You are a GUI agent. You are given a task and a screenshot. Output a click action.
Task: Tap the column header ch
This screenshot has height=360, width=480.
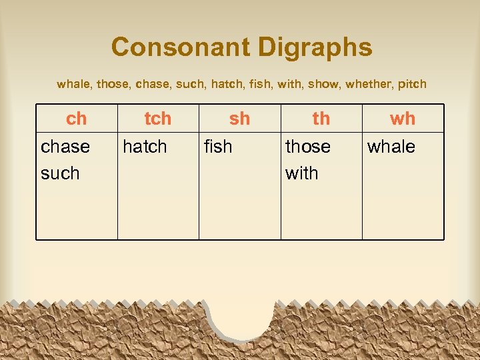tap(77, 119)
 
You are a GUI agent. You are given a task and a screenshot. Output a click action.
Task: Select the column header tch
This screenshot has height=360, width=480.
tap(158, 119)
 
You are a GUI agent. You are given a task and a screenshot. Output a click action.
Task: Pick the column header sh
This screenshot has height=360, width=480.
tap(239, 119)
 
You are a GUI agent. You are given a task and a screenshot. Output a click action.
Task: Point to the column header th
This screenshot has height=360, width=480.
tap(321, 119)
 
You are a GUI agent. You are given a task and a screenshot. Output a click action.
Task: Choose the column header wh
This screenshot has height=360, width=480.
tap(403, 119)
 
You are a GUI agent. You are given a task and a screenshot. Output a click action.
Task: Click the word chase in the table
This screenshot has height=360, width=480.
tap(65, 147)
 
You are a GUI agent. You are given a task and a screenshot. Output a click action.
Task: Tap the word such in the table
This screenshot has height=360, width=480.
tap(60, 173)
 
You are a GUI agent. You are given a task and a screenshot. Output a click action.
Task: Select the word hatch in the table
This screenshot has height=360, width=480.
tap(145, 147)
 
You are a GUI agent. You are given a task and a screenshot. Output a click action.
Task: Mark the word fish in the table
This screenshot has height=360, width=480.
tap(218, 147)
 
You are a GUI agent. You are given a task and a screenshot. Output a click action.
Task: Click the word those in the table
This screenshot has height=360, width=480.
tap(308, 147)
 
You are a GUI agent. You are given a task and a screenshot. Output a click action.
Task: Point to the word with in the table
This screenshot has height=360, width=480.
tap(301, 173)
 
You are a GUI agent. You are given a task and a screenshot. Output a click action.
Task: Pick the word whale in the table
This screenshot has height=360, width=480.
tap(391, 147)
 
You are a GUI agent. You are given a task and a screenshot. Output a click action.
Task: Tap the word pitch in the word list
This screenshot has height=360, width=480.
tap(412, 85)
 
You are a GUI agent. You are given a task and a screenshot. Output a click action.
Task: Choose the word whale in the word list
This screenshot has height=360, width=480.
tap(74, 85)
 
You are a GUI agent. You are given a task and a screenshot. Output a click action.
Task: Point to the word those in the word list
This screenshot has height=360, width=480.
tap(113, 85)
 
